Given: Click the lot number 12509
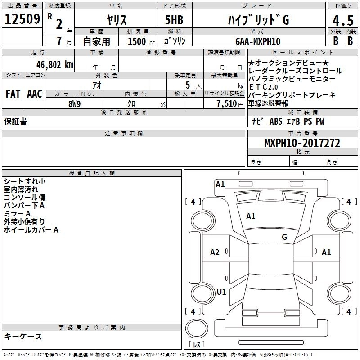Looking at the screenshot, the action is (22, 19).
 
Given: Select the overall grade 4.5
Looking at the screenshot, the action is (343, 20).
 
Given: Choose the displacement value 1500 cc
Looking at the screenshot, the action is (139, 41).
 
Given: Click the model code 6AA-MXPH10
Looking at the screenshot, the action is (258, 41).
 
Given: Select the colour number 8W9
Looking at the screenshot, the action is (75, 103).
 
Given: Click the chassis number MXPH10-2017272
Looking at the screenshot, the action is (302, 144).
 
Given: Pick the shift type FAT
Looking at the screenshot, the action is (13, 94).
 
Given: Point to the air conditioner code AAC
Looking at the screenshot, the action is (34, 94).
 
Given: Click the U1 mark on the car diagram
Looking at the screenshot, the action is (221, 292).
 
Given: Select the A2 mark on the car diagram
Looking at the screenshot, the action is (215, 252).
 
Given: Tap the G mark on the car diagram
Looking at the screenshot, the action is (284, 237).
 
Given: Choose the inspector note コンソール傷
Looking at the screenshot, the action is (24, 198).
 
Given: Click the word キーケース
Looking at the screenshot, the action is (23, 336).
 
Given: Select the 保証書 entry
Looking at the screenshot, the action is (15, 121).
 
